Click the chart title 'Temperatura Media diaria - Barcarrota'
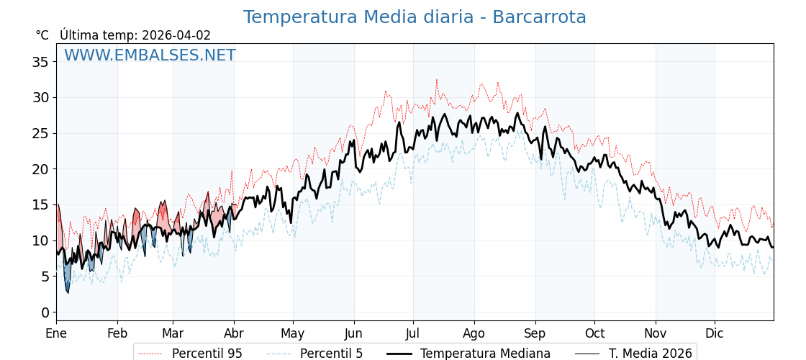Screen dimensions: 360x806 [415, 17]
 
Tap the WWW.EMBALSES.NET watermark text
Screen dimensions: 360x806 [150, 55]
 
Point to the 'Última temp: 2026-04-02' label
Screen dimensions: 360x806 [135, 35]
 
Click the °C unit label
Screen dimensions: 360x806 [42, 35]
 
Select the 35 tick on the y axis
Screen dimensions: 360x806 [40, 62]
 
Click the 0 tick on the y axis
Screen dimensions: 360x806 [45, 312]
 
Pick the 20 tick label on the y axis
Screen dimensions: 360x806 [40, 169]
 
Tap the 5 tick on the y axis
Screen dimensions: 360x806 [45, 276]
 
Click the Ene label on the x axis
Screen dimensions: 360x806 [56, 334]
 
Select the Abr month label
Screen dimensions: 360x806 [234, 334]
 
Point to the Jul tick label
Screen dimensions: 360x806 [413, 334]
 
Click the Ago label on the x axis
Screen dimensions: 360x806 [474, 334]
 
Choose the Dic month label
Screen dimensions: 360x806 [715, 334]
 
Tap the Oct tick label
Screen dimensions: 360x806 [594, 334]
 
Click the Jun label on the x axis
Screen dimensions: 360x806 [353, 334]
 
